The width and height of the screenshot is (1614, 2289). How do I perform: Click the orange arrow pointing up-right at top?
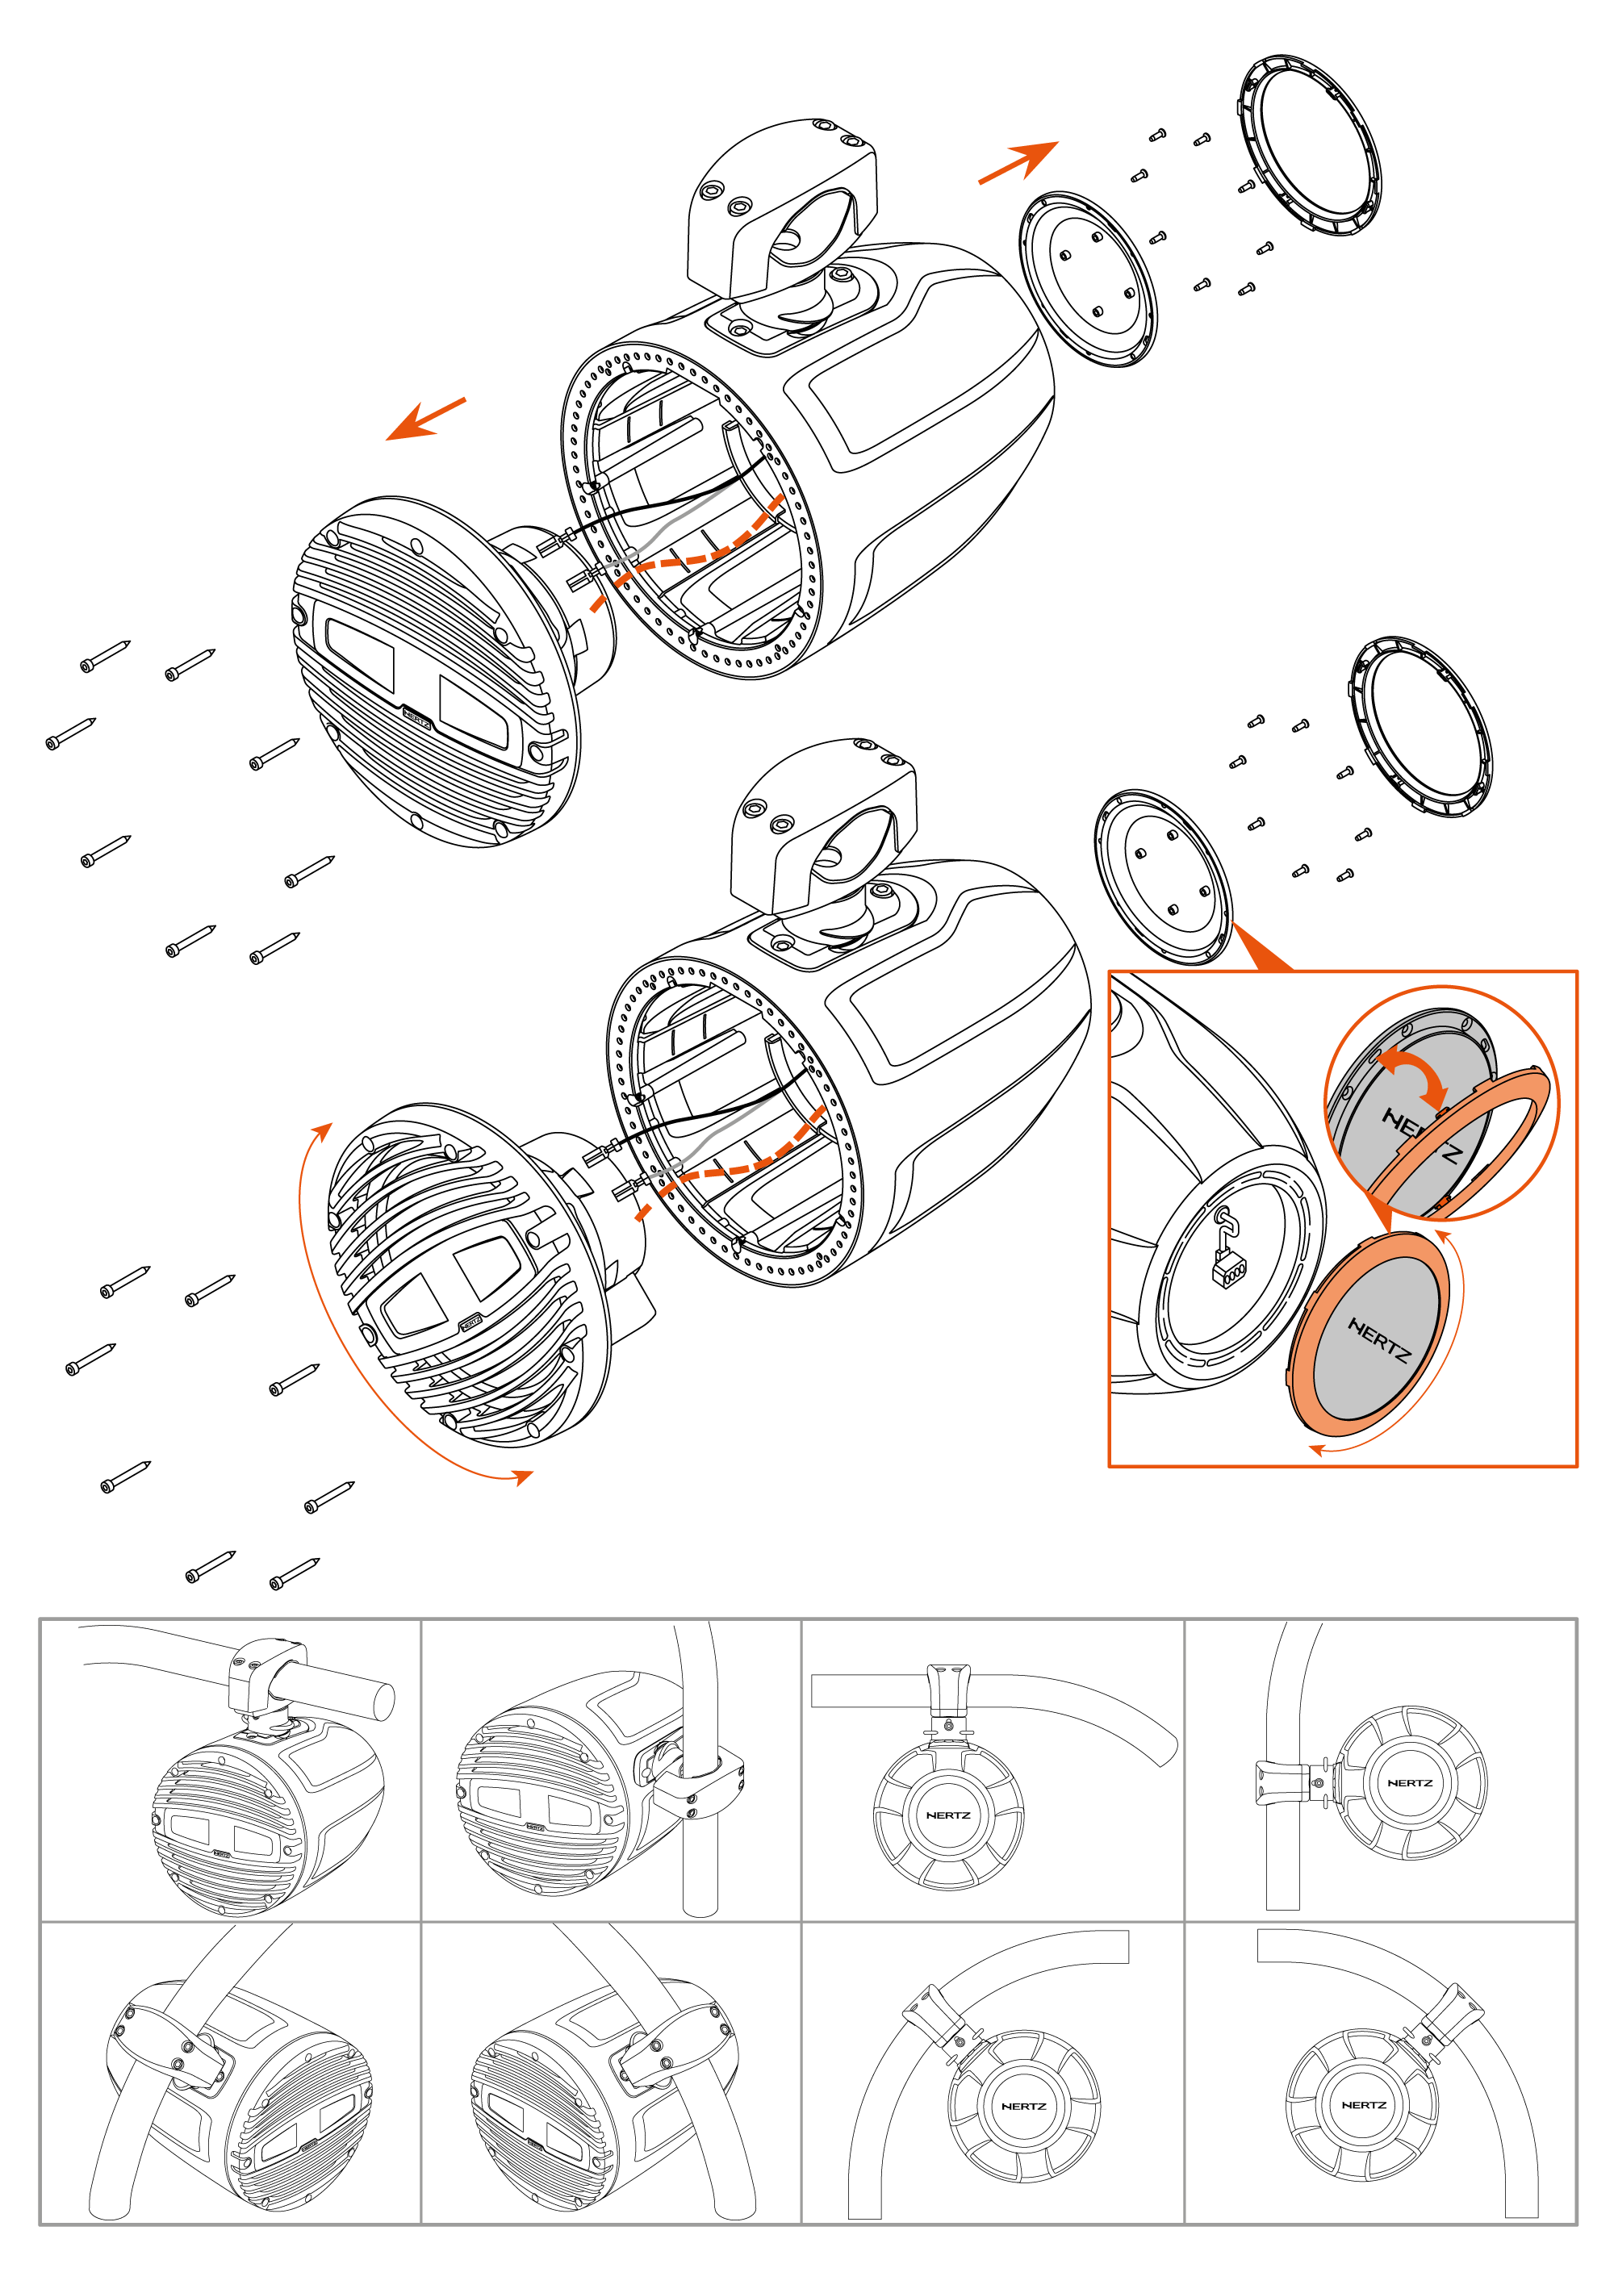pos(1018,161)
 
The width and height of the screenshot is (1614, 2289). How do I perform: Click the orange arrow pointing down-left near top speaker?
pos(424,419)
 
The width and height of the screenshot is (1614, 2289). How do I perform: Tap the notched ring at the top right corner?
pos(1308,145)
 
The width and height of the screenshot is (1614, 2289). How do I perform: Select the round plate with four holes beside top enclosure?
pos(1088,279)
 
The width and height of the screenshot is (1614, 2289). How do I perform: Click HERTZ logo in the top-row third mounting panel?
pos(947,1815)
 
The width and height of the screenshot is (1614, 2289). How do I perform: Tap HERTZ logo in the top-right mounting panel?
pos(1409,1782)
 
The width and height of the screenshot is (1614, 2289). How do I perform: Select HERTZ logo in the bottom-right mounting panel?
pos(1363,2104)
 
